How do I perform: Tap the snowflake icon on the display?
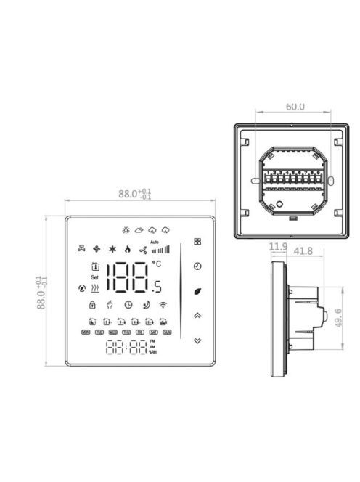pos(112,248)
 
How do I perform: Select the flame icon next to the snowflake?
pos(126,248)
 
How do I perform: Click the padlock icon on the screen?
pos(94,305)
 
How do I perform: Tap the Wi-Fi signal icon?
pos(162,305)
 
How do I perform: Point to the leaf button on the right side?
pos(197,291)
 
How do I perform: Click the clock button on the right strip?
pos(197,266)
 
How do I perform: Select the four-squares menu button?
pos(197,242)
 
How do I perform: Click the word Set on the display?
pos(94,277)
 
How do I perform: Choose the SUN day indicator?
pos(166,332)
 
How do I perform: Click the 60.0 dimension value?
pos(295,107)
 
